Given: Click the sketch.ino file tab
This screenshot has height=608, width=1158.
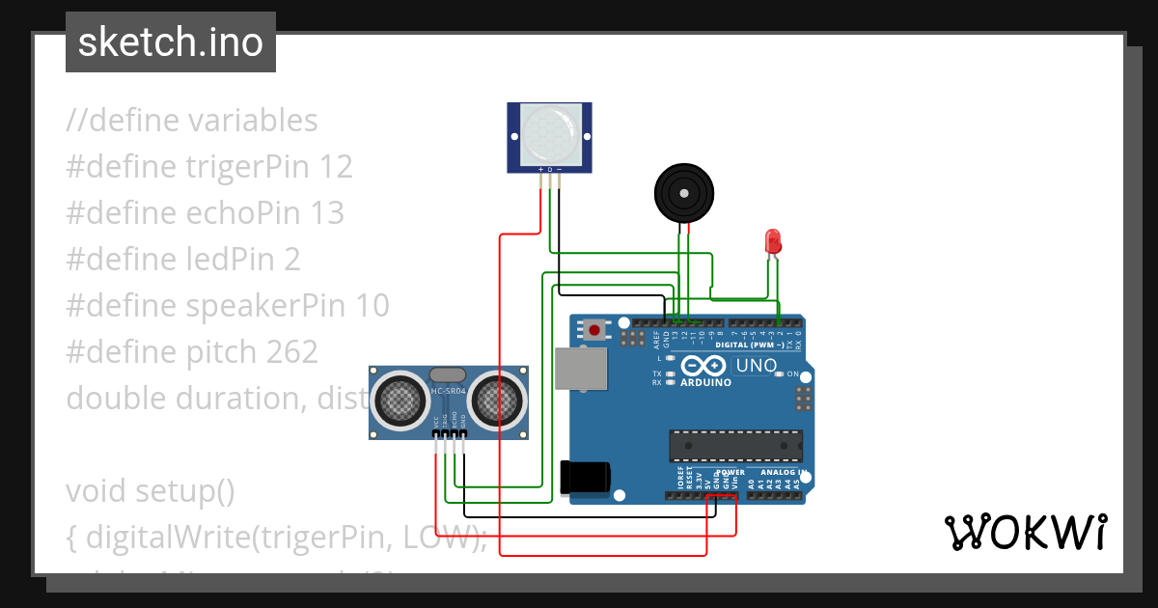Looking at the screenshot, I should [171, 42].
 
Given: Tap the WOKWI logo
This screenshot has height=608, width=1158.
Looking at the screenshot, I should [1024, 532].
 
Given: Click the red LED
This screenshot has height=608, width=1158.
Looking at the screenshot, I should [773, 241].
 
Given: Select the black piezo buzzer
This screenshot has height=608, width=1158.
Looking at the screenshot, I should [684, 194].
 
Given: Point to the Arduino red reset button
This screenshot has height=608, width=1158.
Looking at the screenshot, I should [594, 330].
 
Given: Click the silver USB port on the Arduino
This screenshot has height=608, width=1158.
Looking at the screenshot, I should [581, 370].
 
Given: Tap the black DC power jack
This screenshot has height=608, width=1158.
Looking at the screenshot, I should [585, 476].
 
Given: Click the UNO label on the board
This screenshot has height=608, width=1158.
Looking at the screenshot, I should [757, 366].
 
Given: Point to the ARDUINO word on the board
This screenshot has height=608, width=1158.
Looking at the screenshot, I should [704, 381].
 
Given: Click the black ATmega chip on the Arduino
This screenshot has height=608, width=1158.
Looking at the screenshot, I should [736, 446].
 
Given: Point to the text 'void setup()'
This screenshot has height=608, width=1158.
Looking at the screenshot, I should [150, 491].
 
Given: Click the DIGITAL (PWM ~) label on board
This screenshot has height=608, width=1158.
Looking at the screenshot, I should [750, 345].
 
